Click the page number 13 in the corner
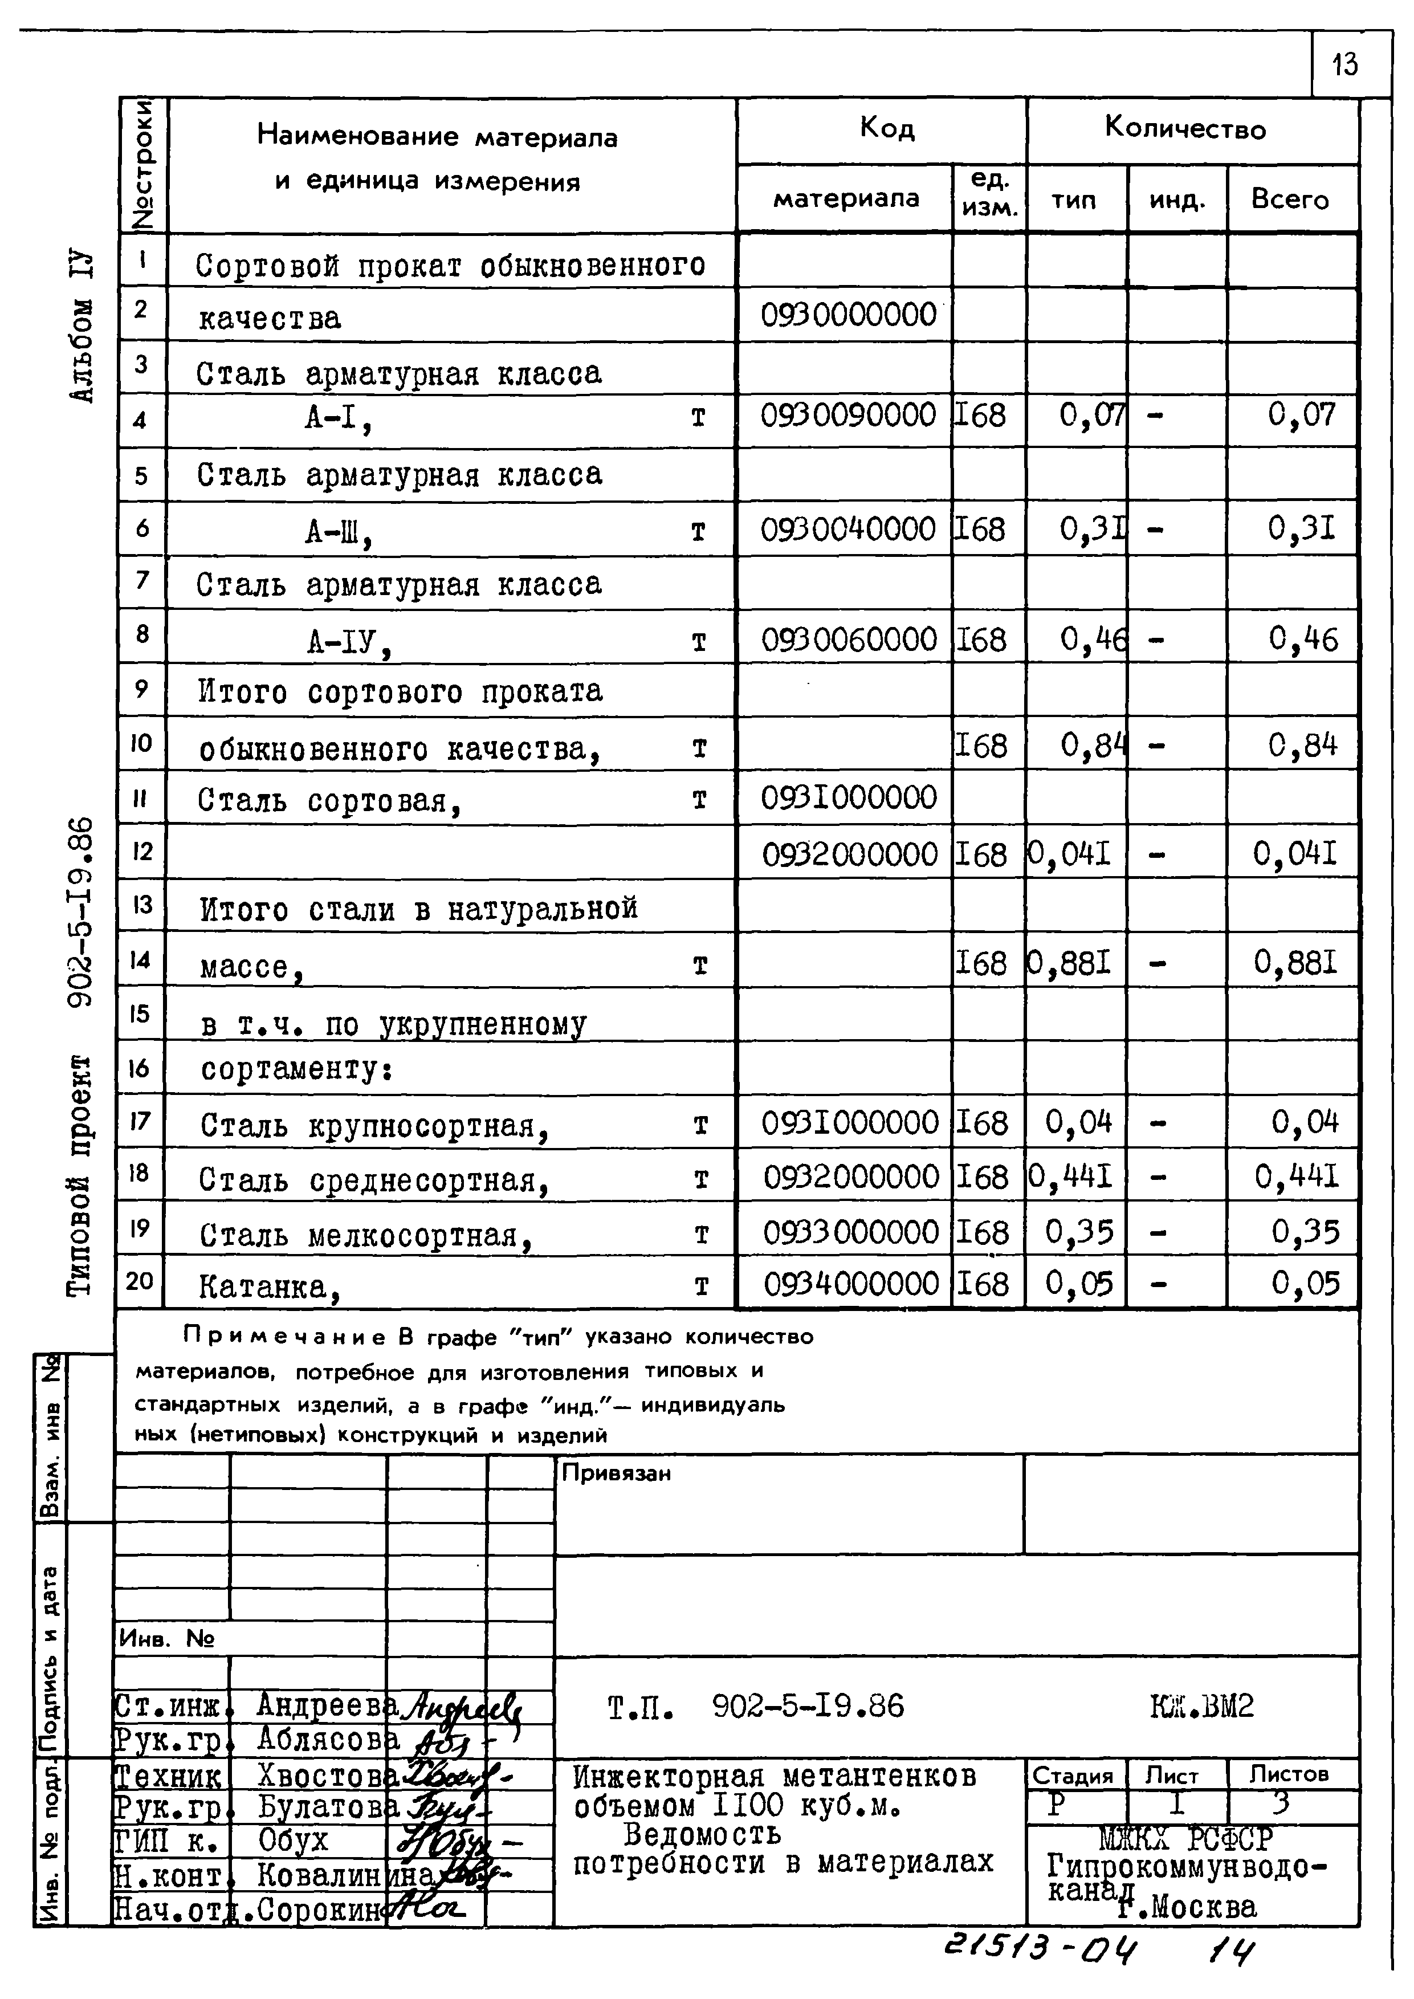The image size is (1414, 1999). (x=1344, y=64)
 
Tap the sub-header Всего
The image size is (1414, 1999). (x=1290, y=200)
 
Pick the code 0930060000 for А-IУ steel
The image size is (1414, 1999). (x=849, y=640)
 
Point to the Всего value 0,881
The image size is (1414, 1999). (x=1295, y=962)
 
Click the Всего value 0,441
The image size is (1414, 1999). (x=1295, y=1177)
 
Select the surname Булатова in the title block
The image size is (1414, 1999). (x=327, y=1807)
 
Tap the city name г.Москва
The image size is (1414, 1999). (x=1188, y=1907)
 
